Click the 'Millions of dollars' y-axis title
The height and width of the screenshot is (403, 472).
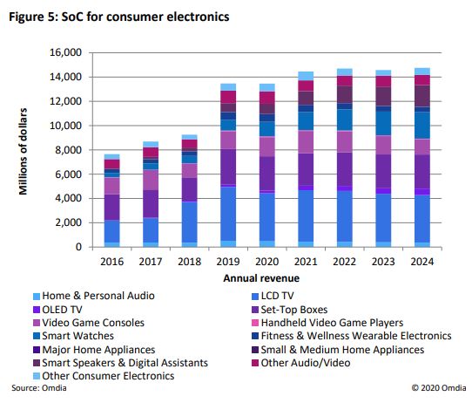tap(25, 150)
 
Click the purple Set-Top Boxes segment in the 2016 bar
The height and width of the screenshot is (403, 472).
tap(111, 207)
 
